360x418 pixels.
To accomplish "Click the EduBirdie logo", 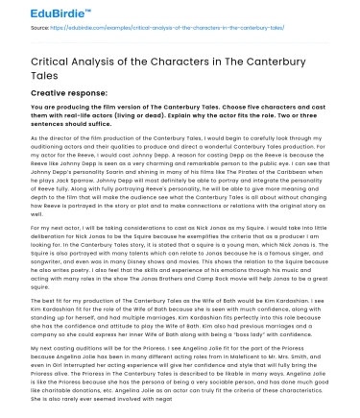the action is click(x=40, y=15).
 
